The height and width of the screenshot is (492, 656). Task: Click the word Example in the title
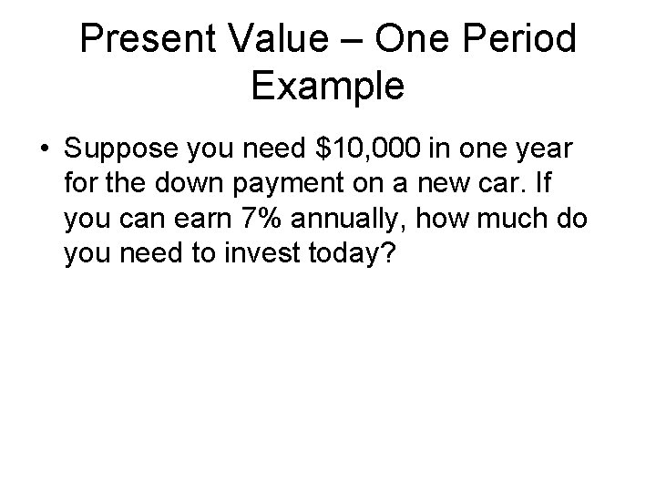327,87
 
